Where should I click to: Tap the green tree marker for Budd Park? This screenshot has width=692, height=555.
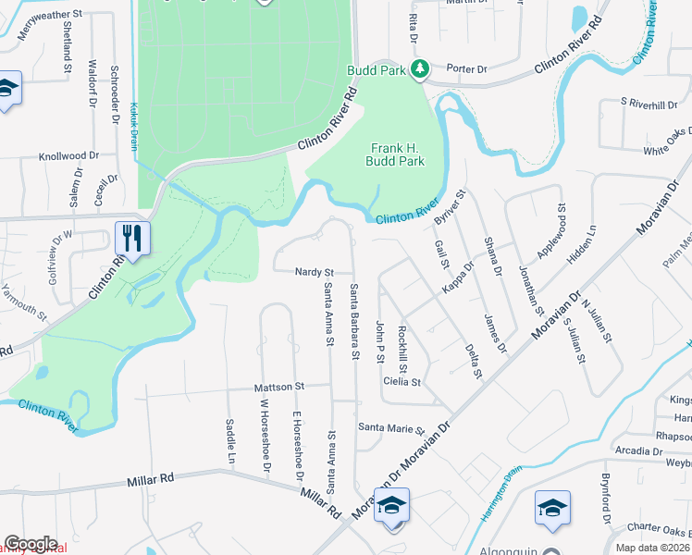point(420,68)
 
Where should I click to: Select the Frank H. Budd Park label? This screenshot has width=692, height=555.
point(397,154)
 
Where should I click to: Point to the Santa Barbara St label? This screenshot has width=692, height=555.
point(354,322)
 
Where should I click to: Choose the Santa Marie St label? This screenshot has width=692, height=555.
point(390,429)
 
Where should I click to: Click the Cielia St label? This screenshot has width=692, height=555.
point(402,381)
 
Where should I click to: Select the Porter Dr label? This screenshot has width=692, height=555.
point(466,68)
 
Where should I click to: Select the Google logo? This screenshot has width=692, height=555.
point(31,544)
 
